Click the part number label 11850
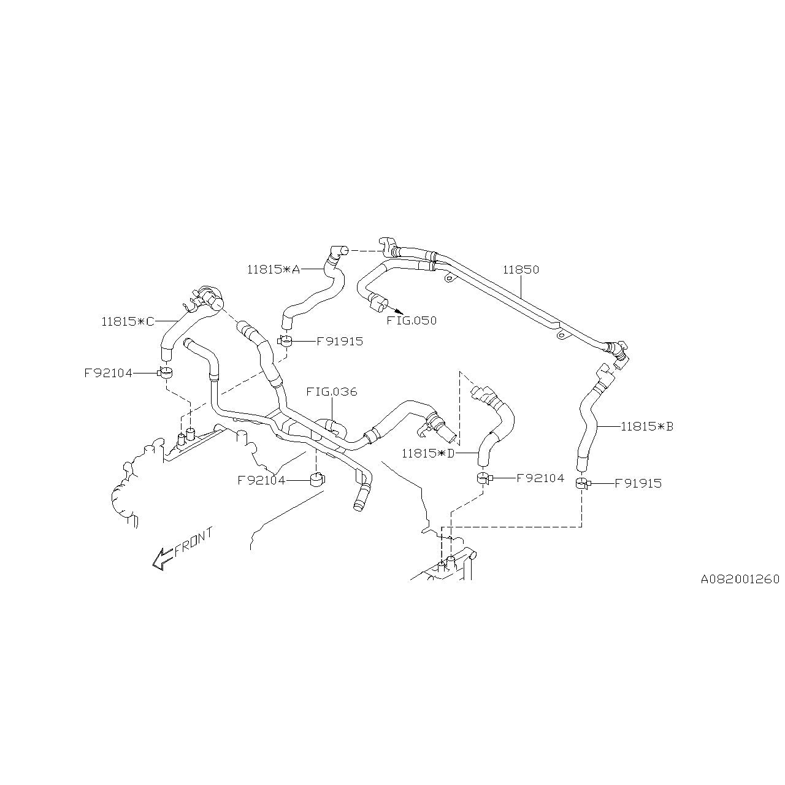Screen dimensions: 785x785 (x=521, y=270)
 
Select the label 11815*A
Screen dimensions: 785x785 (x=274, y=269)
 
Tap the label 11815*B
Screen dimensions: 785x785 (x=647, y=426)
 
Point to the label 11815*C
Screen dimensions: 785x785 (x=128, y=321)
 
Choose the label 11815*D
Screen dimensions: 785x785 (x=428, y=454)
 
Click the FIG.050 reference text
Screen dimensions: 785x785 (x=411, y=321)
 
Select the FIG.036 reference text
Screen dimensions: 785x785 (x=332, y=392)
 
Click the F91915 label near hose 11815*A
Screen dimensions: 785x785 (x=340, y=342)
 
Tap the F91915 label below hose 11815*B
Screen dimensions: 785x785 (x=638, y=483)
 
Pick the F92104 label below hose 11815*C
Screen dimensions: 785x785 (x=108, y=372)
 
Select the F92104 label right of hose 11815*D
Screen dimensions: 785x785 (x=540, y=478)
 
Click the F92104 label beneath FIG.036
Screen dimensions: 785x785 (x=261, y=480)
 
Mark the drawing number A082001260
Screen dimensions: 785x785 (x=740, y=579)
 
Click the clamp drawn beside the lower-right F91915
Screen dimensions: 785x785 (x=582, y=484)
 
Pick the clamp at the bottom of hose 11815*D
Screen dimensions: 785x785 (x=483, y=478)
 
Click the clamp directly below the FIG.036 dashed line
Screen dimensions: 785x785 (x=316, y=479)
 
